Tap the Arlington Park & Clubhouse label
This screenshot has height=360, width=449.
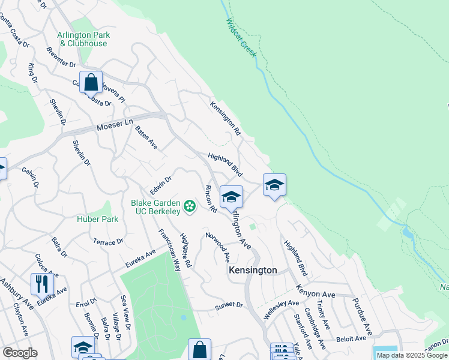[x=82, y=39]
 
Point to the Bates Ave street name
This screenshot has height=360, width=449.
[x=146, y=137]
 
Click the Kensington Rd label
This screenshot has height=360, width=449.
[x=225, y=118]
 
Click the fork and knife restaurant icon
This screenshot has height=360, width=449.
[x=42, y=283]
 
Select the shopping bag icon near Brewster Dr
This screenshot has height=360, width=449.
[x=91, y=82]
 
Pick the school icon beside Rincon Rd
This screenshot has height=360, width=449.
[x=231, y=196]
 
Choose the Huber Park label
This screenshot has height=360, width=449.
[x=97, y=219]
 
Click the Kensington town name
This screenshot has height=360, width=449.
[x=253, y=271]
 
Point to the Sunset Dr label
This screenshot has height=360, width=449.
[x=229, y=307]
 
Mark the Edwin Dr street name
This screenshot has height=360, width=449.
[x=161, y=185]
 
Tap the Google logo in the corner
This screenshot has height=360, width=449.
[x=20, y=353]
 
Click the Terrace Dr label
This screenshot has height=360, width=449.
[x=108, y=242]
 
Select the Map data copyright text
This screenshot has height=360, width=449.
[x=412, y=355]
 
